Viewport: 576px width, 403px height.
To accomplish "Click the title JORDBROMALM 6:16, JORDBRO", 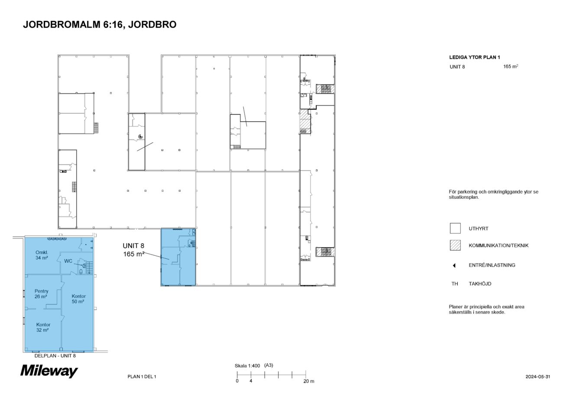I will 99,25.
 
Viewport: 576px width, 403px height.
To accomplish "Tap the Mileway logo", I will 49,371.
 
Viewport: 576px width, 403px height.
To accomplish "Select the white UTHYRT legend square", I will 455,228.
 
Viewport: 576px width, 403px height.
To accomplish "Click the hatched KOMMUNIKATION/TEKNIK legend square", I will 455,245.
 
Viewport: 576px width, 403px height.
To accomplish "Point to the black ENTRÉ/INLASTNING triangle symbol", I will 454,265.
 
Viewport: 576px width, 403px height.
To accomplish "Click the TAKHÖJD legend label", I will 480,284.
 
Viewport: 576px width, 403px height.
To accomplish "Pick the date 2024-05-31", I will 537,377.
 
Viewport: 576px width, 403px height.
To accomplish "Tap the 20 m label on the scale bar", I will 308,381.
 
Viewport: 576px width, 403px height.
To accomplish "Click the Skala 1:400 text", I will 247,365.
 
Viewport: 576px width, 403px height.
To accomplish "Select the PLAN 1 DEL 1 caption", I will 142,377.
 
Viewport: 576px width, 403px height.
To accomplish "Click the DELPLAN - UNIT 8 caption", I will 55,356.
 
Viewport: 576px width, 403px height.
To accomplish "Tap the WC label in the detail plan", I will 68,261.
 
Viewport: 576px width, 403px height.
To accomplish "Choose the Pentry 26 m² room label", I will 42,294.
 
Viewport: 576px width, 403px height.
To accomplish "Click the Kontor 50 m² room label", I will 78,299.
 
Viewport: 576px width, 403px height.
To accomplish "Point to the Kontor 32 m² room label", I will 43,327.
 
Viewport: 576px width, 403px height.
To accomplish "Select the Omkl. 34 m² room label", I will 42,255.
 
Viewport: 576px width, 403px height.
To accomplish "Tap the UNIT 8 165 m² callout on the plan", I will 134,250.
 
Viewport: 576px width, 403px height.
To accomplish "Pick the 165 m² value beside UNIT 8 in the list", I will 511,67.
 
